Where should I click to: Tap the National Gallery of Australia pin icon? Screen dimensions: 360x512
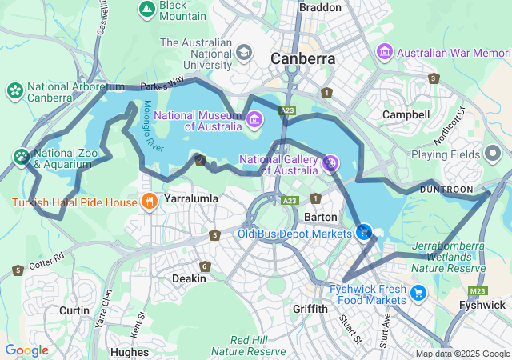point(330,163)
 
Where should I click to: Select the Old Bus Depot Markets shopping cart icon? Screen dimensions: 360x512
point(364,232)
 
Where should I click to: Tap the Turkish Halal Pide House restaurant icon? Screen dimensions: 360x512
point(148,202)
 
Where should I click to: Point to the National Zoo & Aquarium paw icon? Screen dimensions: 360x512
point(21,156)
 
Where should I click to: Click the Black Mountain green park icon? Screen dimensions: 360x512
point(147,9)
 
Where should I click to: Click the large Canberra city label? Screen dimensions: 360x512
point(302,58)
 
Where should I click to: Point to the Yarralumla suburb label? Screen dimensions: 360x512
point(191,197)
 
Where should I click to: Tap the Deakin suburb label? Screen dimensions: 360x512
point(190,278)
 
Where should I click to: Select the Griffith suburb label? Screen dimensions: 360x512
point(310,309)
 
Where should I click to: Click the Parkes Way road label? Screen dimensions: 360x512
point(162,84)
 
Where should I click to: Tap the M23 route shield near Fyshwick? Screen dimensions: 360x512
point(478,290)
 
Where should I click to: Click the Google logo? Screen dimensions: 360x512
point(26,350)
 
